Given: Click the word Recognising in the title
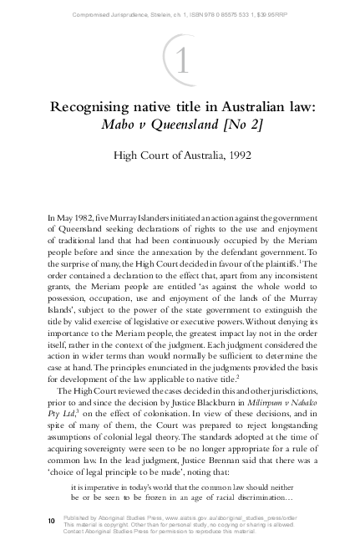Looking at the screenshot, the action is coord(95,109).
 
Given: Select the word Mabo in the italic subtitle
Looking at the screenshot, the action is coord(118,129).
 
